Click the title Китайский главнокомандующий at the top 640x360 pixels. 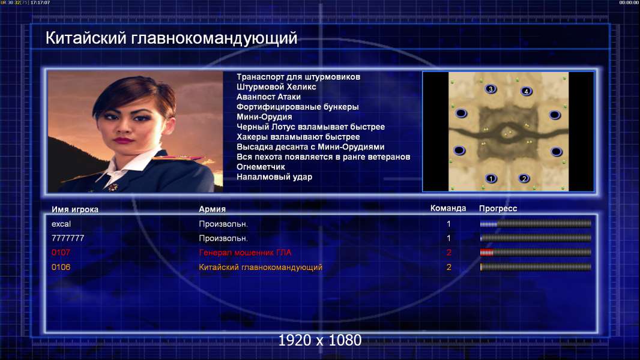[171, 38]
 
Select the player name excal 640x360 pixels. [61, 224]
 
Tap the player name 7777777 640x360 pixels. [68, 238]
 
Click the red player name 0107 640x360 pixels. [61, 253]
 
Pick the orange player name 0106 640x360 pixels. [61, 267]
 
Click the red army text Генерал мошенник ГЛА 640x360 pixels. [245, 253]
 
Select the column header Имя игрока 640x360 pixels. [74, 209]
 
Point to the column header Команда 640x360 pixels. [448, 208]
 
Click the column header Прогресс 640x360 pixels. [498, 209]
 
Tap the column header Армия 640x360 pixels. [213, 209]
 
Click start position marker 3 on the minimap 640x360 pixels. [491, 89]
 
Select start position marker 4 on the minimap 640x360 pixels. [526, 91]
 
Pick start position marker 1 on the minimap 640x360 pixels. [491, 179]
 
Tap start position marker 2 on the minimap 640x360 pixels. [524, 179]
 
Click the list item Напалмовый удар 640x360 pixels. [274, 177]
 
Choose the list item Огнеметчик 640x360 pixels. [261, 167]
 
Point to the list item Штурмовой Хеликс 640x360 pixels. [276, 87]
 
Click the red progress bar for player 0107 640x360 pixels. [486, 253]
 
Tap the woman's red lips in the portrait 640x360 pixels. [124, 140]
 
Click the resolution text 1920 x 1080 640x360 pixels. [320, 340]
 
